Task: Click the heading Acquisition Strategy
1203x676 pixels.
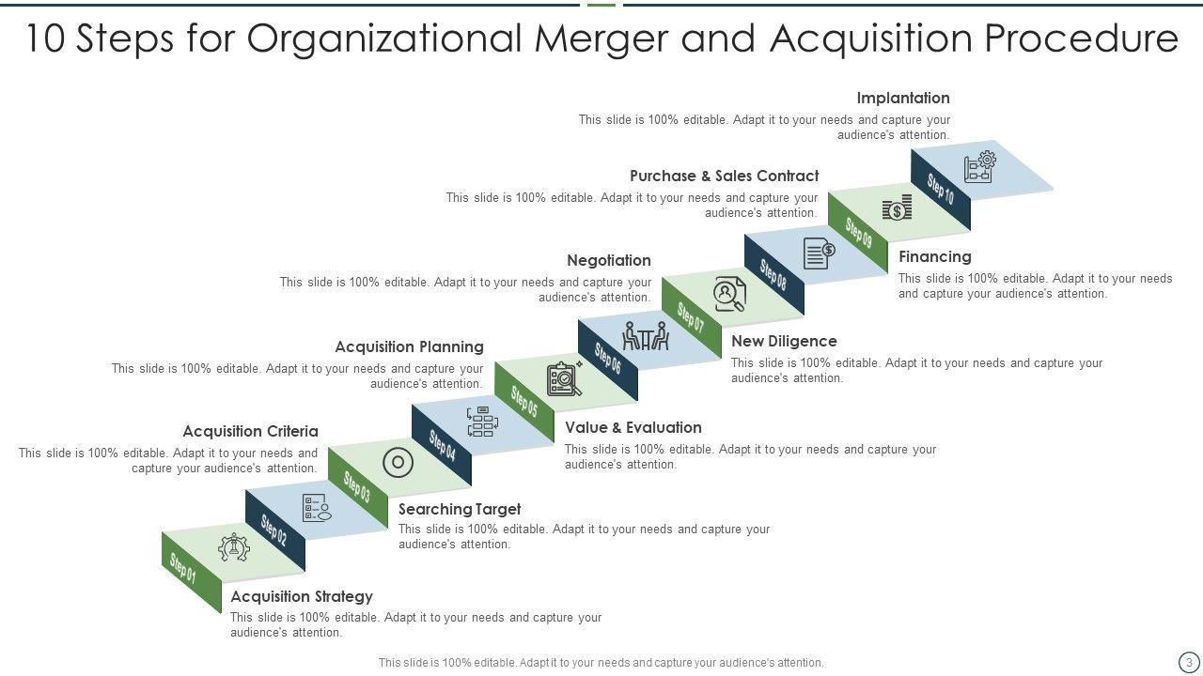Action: point(302,596)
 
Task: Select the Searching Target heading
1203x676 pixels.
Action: point(460,509)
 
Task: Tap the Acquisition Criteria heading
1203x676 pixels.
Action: point(250,431)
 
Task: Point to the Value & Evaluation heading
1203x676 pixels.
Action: point(633,427)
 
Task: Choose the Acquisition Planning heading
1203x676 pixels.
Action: point(409,346)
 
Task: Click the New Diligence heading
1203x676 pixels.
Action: point(784,341)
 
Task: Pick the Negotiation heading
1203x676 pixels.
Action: point(609,260)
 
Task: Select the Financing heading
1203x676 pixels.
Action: point(935,256)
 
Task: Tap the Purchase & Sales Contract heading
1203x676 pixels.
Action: point(725,176)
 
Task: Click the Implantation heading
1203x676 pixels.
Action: point(903,98)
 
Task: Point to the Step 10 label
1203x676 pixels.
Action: point(941,190)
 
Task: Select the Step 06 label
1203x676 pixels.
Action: point(608,359)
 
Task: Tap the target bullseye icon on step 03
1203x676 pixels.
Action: point(398,462)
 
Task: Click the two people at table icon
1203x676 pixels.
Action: point(647,336)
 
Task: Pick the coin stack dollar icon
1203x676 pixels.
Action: point(898,207)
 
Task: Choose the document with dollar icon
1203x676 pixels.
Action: point(819,253)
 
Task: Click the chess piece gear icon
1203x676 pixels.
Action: point(233,547)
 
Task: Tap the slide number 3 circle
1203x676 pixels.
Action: point(1189,662)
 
